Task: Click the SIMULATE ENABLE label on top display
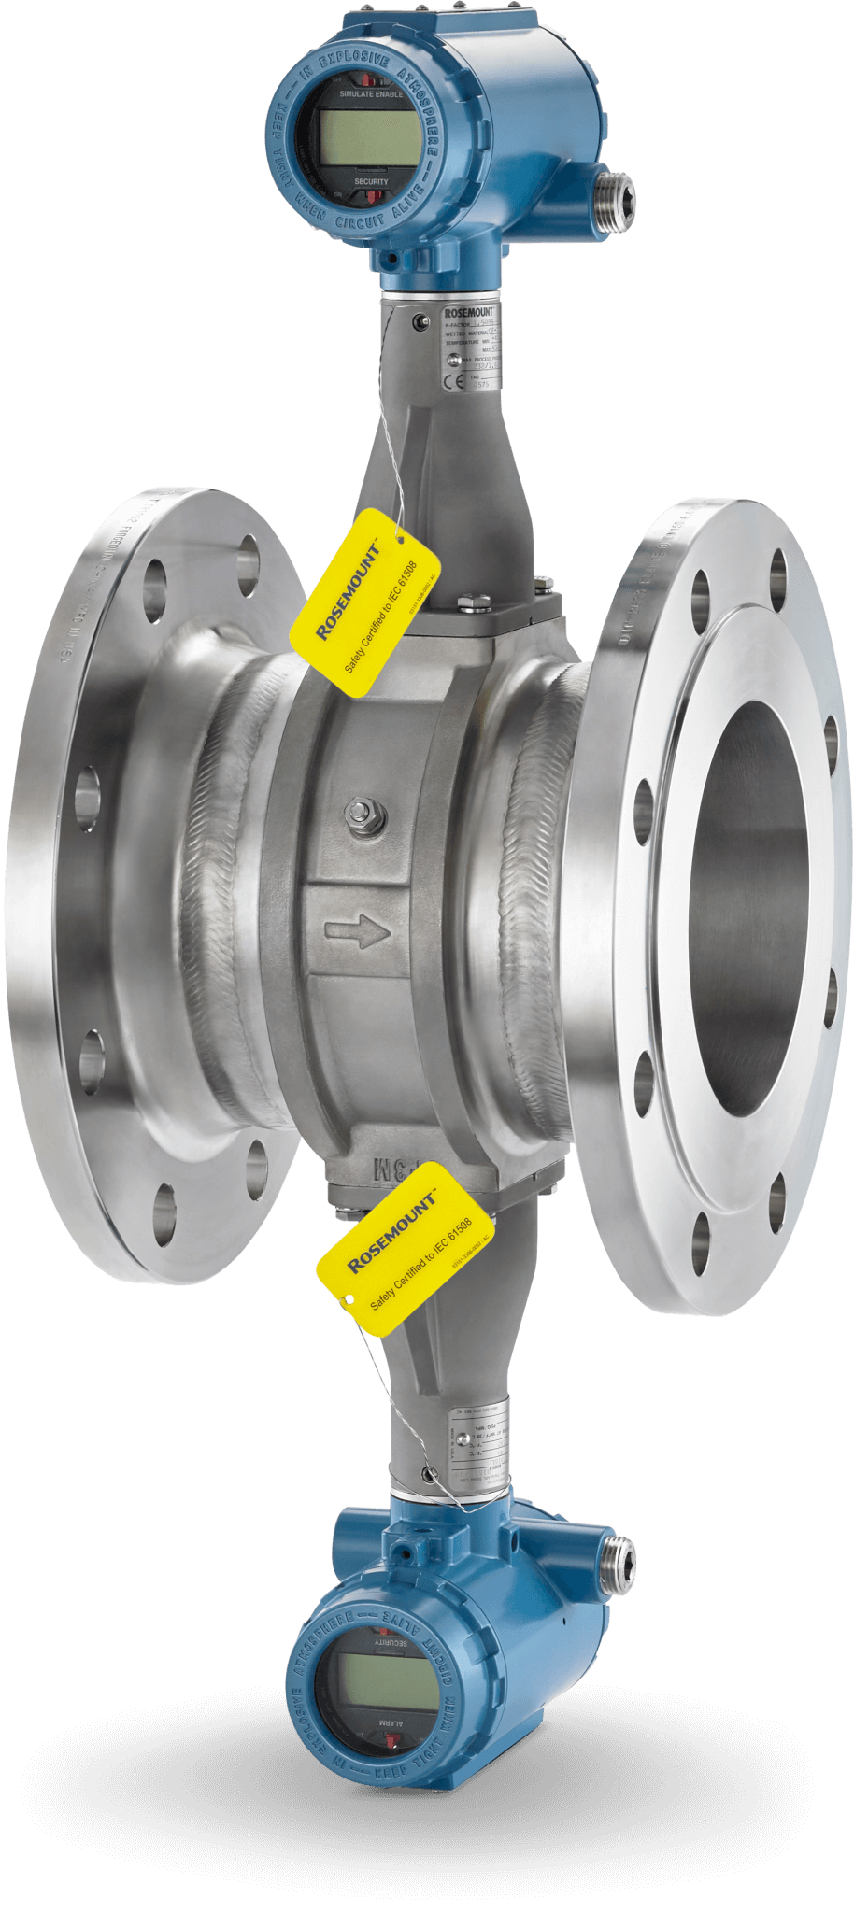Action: [x=371, y=94]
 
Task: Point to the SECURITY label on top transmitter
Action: [x=371, y=181]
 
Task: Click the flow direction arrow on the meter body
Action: [x=357, y=930]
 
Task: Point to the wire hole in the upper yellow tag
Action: [x=402, y=537]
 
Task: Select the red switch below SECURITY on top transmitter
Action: [x=371, y=196]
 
